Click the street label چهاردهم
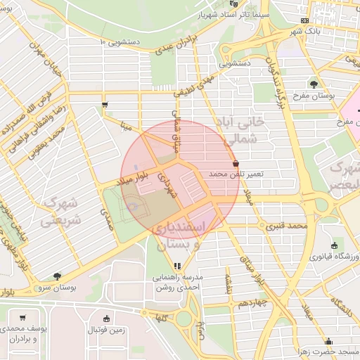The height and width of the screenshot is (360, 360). point(251,302)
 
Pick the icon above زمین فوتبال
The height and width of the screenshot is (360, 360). point(106,318)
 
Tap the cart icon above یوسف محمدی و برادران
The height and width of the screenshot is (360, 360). point(23,318)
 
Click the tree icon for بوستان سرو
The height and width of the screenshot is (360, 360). point(56,276)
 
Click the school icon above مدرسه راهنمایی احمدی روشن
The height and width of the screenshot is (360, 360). point(177,266)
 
